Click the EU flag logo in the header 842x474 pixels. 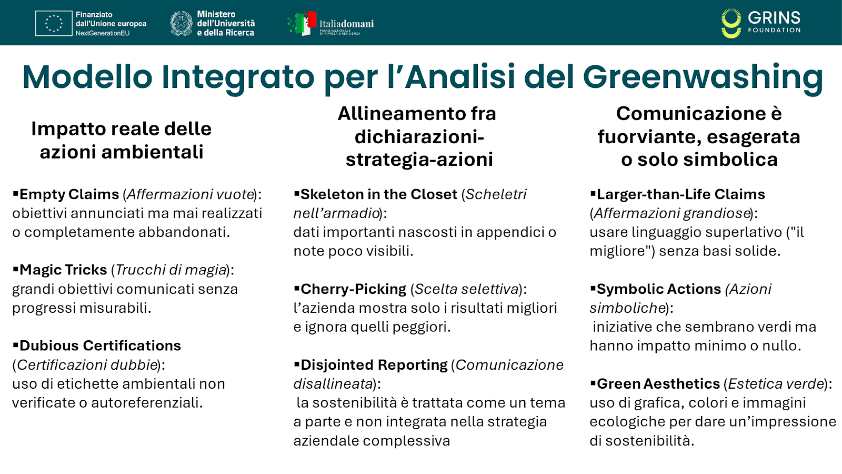[54, 24]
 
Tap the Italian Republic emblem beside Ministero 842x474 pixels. [182, 24]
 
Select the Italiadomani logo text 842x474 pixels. [346, 24]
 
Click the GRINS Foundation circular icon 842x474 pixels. [731, 24]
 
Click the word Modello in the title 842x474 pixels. [87, 77]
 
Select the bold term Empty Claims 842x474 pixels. [69, 194]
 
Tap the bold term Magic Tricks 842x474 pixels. [63, 270]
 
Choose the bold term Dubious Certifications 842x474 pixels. [100, 346]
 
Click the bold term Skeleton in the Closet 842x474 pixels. [378, 194]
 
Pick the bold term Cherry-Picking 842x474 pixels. [353, 289]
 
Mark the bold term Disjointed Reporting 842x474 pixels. [374, 365]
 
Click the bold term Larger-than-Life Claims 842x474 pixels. [680, 194]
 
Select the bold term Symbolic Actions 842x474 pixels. [658, 289]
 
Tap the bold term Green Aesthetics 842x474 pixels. [658, 384]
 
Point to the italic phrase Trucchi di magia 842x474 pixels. [171, 270]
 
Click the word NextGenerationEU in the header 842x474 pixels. [102, 33]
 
